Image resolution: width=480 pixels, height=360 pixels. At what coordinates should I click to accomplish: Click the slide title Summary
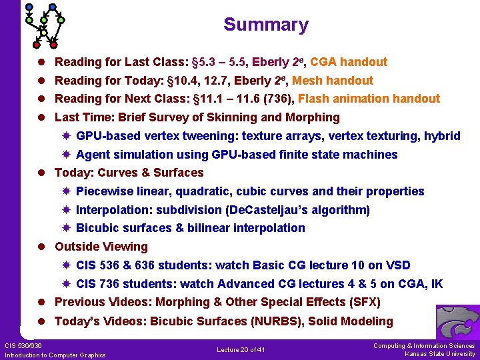coord(265,25)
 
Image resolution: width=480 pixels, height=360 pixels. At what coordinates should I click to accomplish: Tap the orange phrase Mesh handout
coord(333,81)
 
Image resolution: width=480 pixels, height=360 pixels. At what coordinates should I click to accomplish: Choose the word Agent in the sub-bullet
coord(93,155)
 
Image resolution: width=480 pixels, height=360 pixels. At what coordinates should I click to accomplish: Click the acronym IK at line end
coord(436,284)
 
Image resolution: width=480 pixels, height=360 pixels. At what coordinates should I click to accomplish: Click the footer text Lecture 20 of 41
coord(241,349)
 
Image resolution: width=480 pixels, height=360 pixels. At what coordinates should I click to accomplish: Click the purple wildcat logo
coord(458,323)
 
